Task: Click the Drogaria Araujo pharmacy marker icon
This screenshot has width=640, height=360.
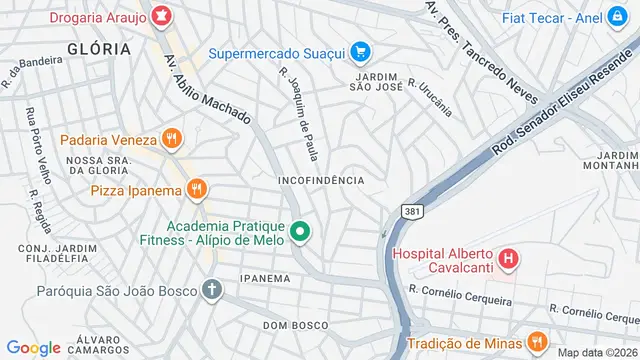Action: (160, 16)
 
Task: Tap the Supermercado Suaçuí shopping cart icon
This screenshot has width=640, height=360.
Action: (361, 52)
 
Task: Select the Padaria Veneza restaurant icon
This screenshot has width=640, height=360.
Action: (172, 140)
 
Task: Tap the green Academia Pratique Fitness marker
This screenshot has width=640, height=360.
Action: (299, 235)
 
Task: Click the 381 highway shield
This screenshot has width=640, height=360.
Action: (411, 212)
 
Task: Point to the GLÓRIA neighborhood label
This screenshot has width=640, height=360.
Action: (99, 48)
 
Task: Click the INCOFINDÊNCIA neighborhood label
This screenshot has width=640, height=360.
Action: (321, 180)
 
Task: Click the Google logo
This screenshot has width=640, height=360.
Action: (34, 347)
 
